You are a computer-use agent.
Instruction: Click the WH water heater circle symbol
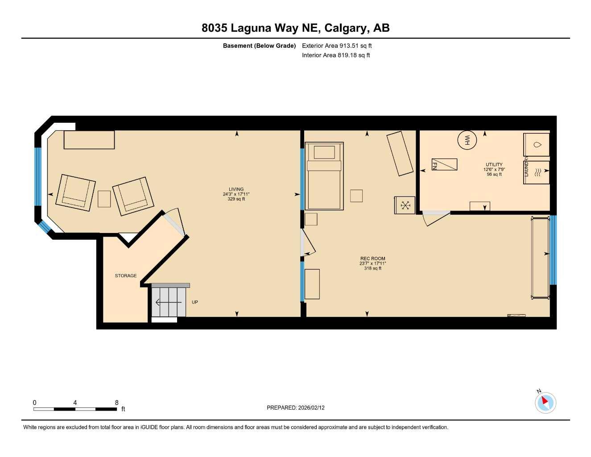tap(467, 140)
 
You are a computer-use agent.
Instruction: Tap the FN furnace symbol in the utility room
tap(444, 164)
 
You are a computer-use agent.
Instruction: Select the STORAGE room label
tap(126, 276)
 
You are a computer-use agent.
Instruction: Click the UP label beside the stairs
tap(195, 302)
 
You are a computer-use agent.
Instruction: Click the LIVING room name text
tap(236, 189)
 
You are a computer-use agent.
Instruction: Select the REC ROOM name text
tap(372, 258)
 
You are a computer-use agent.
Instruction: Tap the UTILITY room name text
tap(494, 165)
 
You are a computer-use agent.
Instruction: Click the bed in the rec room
tap(324, 176)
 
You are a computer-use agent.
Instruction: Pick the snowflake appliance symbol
tap(405, 205)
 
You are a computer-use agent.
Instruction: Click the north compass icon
tap(545, 403)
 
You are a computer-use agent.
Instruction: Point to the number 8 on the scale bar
tap(117, 403)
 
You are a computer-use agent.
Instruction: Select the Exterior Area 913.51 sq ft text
tap(337, 46)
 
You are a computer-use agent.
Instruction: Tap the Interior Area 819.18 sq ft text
tap(336, 55)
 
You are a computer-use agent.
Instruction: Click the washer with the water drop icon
tap(537, 145)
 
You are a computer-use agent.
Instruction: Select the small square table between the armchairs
tap(104, 199)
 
